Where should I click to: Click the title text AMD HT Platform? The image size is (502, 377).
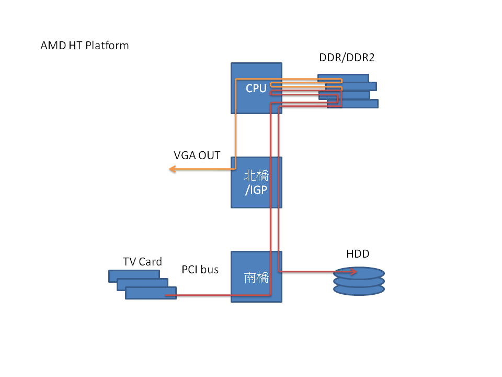(x=84, y=46)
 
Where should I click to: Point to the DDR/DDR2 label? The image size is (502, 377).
(x=347, y=58)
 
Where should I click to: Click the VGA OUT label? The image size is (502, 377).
(x=197, y=156)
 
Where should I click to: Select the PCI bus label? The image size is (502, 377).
(x=200, y=270)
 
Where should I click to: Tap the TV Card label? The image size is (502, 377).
(x=142, y=261)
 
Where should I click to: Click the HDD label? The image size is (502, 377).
(x=358, y=254)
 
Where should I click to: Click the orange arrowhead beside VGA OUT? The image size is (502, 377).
(x=172, y=169)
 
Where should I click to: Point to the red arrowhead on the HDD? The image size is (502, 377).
(x=355, y=272)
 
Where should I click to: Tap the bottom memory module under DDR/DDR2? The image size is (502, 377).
(x=361, y=104)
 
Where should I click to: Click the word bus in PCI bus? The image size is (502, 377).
(x=210, y=270)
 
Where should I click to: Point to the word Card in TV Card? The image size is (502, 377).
(x=151, y=261)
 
